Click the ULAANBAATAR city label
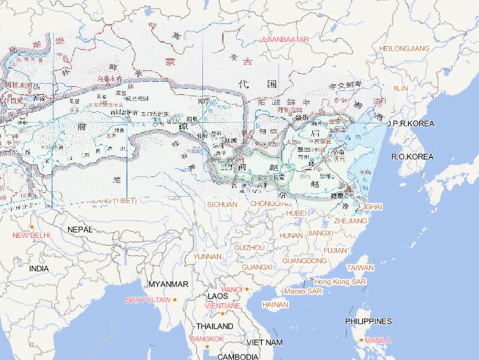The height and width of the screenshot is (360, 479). (284, 39)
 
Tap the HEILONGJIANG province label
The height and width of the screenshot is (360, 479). (404, 48)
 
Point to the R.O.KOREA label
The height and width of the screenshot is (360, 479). (412, 156)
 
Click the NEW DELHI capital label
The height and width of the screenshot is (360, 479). (31, 235)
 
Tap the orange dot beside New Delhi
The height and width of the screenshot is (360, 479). (31, 226)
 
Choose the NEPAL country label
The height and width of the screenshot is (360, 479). (80, 230)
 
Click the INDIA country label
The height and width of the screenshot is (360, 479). (39, 268)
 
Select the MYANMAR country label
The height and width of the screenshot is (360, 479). (168, 284)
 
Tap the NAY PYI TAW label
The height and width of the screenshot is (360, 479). (148, 300)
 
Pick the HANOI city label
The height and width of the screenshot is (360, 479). (231, 289)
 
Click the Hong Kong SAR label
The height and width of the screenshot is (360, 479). (340, 282)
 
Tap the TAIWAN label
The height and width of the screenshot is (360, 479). (360, 268)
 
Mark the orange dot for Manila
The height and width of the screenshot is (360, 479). (362, 340)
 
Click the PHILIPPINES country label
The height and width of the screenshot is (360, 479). (368, 321)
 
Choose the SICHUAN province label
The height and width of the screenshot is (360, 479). (222, 204)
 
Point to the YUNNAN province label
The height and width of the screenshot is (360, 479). (207, 256)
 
